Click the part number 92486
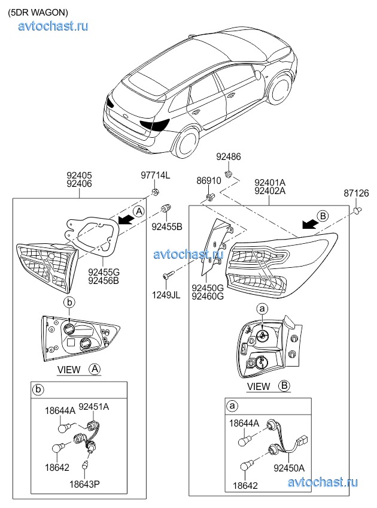tap(229, 157)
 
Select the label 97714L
tap(156, 176)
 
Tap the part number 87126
tap(356, 193)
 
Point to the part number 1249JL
tap(166, 295)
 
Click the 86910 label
tap(209, 181)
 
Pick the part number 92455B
tap(167, 227)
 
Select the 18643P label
tap(84, 485)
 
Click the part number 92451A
tap(94, 407)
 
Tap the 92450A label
tap(289, 468)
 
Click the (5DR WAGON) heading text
tap(38, 13)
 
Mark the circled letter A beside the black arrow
tap(139, 211)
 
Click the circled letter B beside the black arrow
tap(323, 216)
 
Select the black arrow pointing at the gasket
tap(126, 220)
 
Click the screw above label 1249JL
tap(168, 275)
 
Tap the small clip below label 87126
tap(357, 211)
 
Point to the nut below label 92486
tap(229, 174)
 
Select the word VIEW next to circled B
tap(259, 386)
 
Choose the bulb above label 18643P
tap(86, 464)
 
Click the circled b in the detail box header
tap(38, 389)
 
